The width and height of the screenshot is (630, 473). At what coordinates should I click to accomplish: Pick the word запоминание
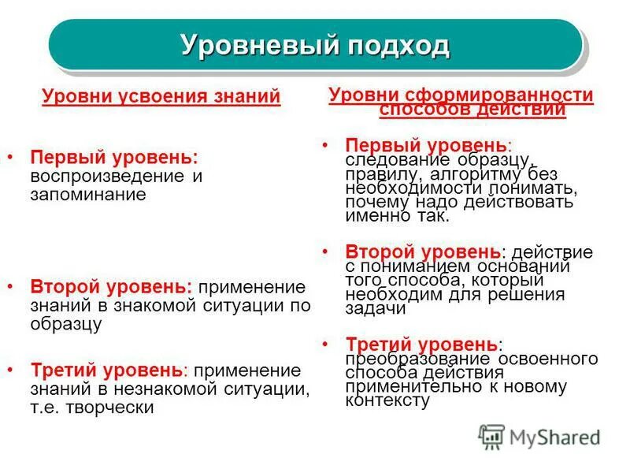(x=89, y=194)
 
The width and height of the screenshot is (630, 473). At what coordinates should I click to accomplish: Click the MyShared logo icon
(x=491, y=436)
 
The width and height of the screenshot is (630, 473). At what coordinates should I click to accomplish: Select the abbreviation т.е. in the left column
(x=45, y=408)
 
